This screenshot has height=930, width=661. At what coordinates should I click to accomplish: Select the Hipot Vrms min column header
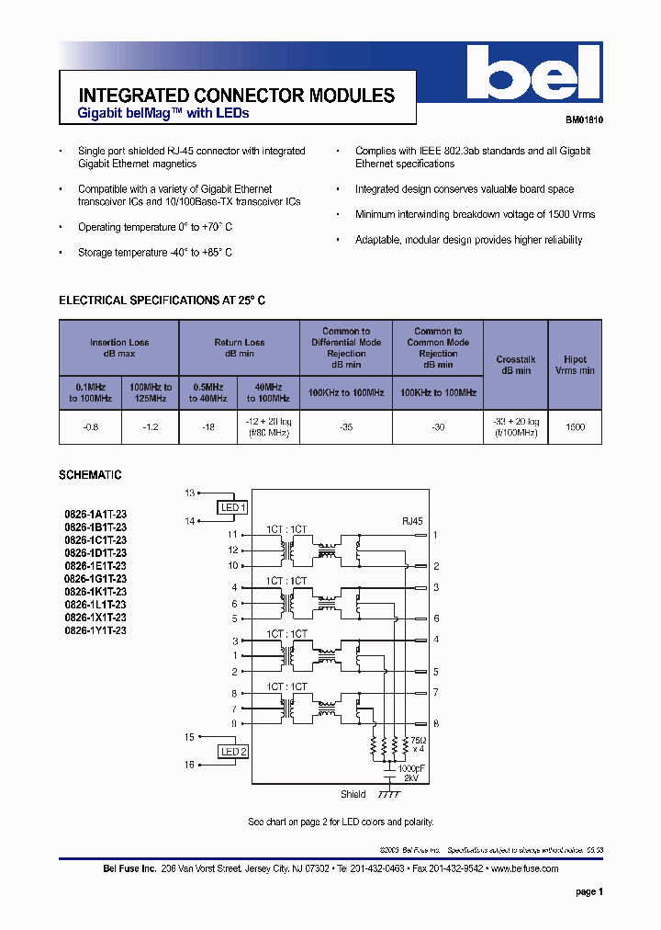tap(575, 365)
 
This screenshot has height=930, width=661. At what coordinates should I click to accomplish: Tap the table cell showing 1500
tap(575, 427)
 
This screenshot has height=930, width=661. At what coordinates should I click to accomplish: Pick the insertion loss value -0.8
tap(90, 427)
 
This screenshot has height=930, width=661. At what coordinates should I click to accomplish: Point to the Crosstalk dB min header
tap(514, 365)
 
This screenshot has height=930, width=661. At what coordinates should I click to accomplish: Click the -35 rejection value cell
tap(346, 427)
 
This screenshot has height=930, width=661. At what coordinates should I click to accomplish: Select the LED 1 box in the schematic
tap(233, 507)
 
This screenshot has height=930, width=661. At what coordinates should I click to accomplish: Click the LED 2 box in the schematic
tap(233, 752)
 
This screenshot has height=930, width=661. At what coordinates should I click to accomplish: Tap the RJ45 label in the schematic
tap(412, 520)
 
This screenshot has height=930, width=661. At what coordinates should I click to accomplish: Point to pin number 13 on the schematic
tap(190, 493)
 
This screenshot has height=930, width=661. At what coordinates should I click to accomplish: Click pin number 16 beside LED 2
tap(190, 765)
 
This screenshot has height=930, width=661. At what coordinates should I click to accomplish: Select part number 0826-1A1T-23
tap(95, 516)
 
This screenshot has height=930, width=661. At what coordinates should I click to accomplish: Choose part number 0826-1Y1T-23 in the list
tap(95, 631)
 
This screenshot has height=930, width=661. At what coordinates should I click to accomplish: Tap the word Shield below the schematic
tap(353, 794)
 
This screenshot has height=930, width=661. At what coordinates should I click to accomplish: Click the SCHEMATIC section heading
tap(90, 475)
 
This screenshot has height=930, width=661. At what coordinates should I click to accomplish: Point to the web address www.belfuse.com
tap(524, 868)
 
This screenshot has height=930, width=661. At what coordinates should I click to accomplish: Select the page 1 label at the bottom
tap(588, 891)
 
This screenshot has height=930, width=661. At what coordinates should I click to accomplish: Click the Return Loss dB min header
tap(239, 347)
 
